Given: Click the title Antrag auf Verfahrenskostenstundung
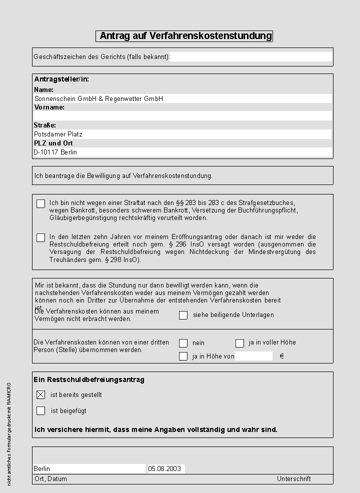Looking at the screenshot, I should coord(184,36).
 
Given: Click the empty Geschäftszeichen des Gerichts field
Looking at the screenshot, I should coord(251,57).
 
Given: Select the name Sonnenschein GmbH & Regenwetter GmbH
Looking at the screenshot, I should coord(98,99).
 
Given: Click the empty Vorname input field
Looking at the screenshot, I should coord(182,116).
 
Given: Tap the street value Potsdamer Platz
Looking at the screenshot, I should coord(58,134).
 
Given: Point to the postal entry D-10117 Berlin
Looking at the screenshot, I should coord(55,152).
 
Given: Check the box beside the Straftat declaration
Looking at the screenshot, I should coord(41,204).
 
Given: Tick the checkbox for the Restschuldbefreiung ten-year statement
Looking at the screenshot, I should coord(41,238).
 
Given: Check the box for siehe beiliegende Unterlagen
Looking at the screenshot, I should coord(183,315).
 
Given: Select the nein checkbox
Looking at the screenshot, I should coord(183,343).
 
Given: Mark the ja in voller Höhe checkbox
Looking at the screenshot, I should coord(240,343).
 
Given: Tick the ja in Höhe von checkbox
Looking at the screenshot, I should coord(183,356).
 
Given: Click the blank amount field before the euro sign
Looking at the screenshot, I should coord(254,356).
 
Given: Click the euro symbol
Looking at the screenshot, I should coord(282,356).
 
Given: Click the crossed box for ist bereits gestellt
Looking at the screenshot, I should coord(41,395).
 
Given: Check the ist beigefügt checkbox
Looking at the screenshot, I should coord(41,411).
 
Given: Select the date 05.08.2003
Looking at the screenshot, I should coord(164,469).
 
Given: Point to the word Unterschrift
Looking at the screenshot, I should coord(294,479).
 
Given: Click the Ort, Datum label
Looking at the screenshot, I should coord(50,479).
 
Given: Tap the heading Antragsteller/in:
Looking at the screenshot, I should coord(61,79).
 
